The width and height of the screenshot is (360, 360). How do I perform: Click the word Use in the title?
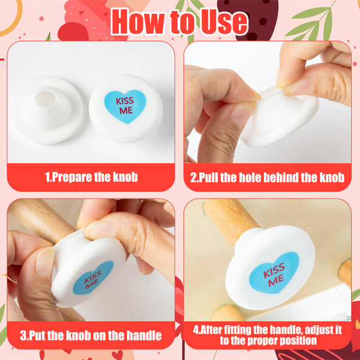tap(224, 22)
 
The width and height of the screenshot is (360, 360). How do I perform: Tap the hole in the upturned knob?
tap(46, 99)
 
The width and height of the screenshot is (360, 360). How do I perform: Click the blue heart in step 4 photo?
tap(274, 273)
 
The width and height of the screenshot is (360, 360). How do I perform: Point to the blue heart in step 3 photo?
tap(93, 278)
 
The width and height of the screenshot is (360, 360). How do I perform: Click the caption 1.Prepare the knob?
tap(91, 177)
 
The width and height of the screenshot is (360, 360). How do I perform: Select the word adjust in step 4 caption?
tap(319, 330)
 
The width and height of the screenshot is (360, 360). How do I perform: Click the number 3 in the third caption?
tap(23, 335)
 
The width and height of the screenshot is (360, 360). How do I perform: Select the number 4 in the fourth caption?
tap(196, 330)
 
